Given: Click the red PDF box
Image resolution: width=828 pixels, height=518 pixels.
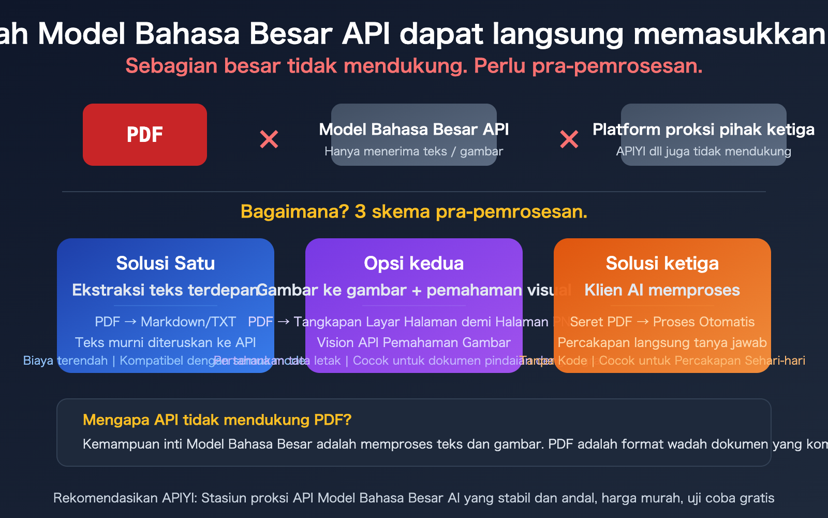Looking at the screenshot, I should pyautogui.click(x=145, y=135).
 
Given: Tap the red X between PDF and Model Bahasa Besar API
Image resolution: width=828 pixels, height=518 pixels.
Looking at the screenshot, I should pyautogui.click(x=269, y=139).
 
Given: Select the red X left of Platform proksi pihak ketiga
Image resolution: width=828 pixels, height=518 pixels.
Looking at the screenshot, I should pyautogui.click(x=569, y=139).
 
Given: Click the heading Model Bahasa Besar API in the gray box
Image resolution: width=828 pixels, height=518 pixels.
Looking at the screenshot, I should pyautogui.click(x=414, y=129).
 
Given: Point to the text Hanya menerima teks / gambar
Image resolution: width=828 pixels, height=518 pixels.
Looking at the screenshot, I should pyautogui.click(x=414, y=151).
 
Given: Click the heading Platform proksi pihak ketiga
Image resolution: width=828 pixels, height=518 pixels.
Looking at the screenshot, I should pyautogui.click(x=703, y=129).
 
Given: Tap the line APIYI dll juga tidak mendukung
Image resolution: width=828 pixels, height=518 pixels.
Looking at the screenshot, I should pyautogui.click(x=703, y=151).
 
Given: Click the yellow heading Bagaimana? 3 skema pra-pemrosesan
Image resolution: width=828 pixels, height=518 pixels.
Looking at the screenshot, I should pyautogui.click(x=414, y=211).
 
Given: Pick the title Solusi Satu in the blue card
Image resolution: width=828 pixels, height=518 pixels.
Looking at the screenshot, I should pyautogui.click(x=166, y=263).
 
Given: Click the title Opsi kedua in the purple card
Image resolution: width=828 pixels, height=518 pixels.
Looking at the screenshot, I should pyautogui.click(x=414, y=263).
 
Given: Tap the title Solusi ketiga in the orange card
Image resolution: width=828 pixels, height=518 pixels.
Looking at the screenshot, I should pyautogui.click(x=662, y=263).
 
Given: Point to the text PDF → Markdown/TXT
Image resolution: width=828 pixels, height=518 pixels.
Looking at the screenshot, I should pyautogui.click(x=166, y=322).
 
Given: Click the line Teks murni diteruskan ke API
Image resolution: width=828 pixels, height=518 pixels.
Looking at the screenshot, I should pyautogui.click(x=166, y=342).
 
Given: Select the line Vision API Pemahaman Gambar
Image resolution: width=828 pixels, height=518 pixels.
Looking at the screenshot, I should pyautogui.click(x=414, y=342).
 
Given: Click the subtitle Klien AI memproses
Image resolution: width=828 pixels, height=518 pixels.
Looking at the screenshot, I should pyautogui.click(x=662, y=290).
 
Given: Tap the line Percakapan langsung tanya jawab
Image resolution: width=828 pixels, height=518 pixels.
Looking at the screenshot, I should pyautogui.click(x=662, y=342).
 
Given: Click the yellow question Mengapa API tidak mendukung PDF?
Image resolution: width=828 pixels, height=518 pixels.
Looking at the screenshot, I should pyautogui.click(x=217, y=420).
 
